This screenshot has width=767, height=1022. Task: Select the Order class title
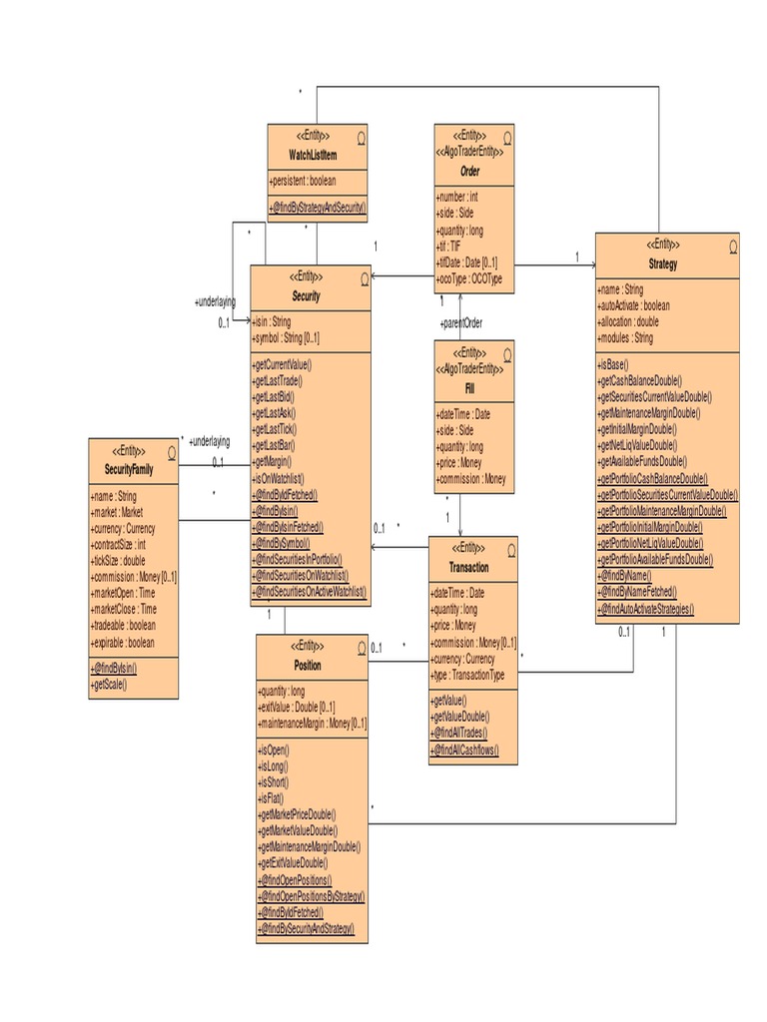pos(468,172)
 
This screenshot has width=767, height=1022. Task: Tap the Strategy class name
pos(662,264)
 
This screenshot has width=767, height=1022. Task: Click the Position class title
pos(307,665)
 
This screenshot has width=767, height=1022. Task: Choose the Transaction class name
pos(468,567)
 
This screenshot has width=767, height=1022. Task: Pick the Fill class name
pos(469,386)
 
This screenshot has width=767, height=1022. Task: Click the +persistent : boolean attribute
pos(304,181)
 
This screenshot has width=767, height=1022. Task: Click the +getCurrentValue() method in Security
pos(284,364)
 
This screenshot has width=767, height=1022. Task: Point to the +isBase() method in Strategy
pos(614,365)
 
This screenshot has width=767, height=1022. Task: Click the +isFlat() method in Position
pos(272,798)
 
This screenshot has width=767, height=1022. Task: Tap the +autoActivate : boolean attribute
pos(635,306)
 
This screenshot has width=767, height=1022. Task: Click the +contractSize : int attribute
pos(118,546)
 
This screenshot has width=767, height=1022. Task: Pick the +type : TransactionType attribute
pos(467,675)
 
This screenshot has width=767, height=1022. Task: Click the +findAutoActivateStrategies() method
pos(646,609)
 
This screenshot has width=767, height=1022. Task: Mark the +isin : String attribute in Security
pos(272,322)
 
